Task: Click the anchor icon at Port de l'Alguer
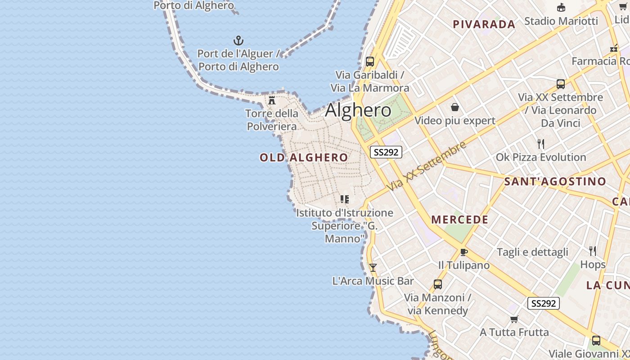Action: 238,41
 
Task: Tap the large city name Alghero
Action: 358,110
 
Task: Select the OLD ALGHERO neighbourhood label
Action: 304,157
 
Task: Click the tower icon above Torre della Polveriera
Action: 272,100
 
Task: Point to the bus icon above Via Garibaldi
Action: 370,62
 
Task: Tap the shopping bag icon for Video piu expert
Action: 455,107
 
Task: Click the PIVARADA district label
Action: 484,24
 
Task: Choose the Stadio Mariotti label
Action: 561,21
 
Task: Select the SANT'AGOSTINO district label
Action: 555,182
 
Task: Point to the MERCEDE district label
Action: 459,220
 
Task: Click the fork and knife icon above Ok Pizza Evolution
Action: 541,144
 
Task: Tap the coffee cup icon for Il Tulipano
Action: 464,252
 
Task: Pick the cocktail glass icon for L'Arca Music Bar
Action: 373,268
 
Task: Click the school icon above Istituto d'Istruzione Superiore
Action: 345,199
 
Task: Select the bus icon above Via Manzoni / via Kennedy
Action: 437,284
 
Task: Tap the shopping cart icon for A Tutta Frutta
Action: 514,319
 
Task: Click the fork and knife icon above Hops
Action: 593,251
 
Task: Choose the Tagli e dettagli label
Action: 532,252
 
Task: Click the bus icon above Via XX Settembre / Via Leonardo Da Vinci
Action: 561,84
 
